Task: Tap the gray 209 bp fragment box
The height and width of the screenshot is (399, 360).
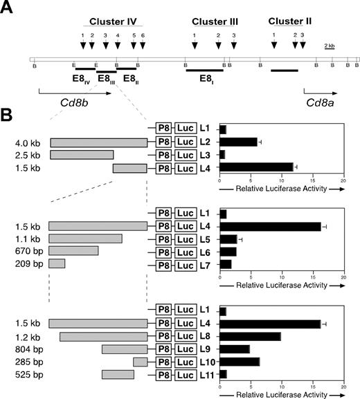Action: click(57, 263)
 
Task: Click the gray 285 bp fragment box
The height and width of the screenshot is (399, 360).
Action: click(141, 362)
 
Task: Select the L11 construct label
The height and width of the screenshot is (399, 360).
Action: click(205, 375)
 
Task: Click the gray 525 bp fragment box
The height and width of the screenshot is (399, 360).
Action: click(118, 375)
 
